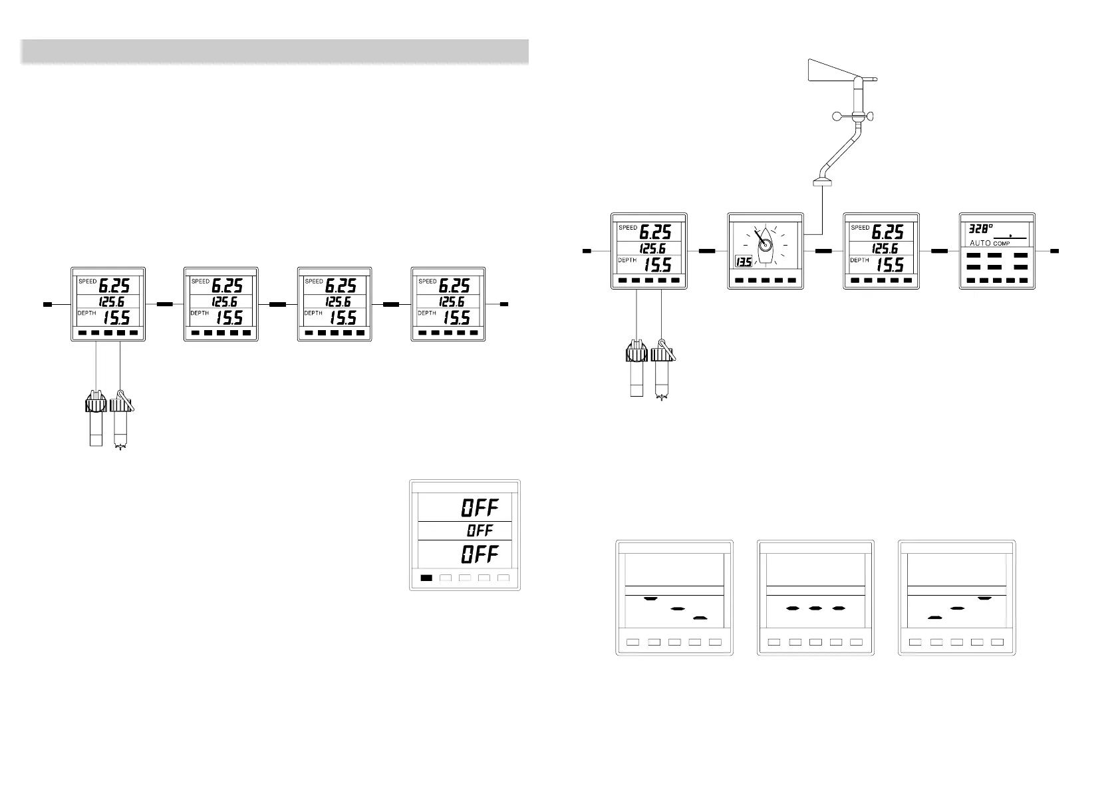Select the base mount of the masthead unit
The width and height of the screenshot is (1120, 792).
pyautogui.click(x=823, y=182)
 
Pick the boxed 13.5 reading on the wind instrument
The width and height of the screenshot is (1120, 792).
pyautogui.click(x=743, y=262)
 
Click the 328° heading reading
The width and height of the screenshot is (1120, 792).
pyautogui.click(x=981, y=228)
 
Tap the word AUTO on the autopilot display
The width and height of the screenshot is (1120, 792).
pyautogui.click(x=980, y=244)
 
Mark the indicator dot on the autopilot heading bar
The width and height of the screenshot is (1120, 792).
pyautogui.click(x=1010, y=236)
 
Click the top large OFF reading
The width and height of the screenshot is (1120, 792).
pyautogui.click(x=480, y=508)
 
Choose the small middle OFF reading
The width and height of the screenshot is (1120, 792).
pyautogui.click(x=480, y=531)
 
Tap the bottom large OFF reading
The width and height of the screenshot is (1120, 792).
pyautogui.click(x=480, y=554)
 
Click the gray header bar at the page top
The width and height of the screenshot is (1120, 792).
pyautogui.click(x=274, y=51)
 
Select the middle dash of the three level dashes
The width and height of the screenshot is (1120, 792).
pyautogui.click(x=815, y=608)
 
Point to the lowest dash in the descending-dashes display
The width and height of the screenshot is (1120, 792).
pyautogui.click(x=698, y=618)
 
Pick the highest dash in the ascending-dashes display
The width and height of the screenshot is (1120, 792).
pyautogui.click(x=984, y=598)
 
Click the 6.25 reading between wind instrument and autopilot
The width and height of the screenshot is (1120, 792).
pyautogui.click(x=887, y=232)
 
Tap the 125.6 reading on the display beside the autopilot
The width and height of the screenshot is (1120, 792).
pyautogui.click(x=885, y=249)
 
